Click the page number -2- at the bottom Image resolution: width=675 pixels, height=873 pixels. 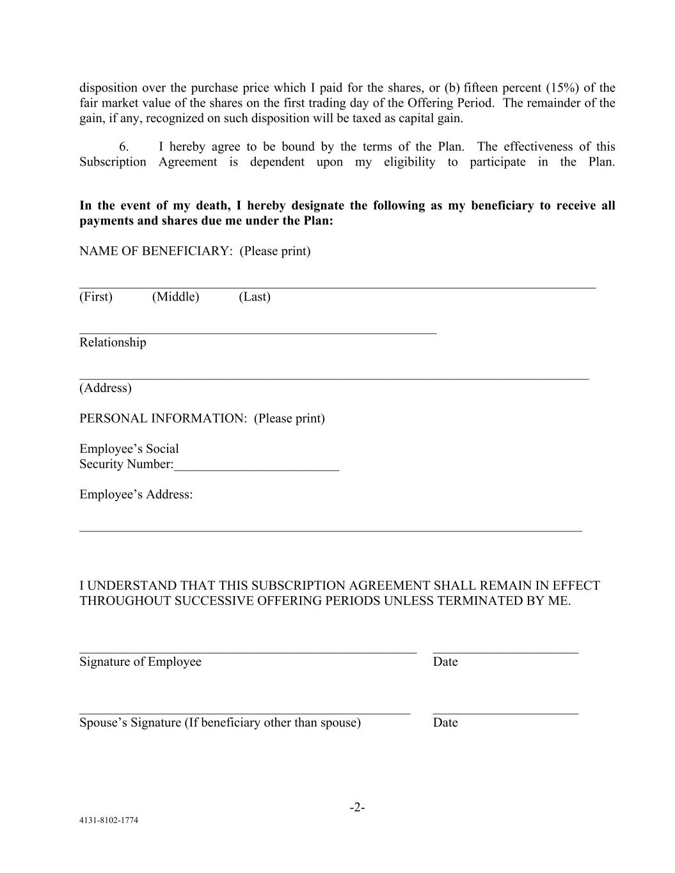tap(357, 807)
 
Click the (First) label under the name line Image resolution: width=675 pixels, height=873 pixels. tap(96, 297)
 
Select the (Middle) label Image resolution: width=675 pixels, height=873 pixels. tap(175, 297)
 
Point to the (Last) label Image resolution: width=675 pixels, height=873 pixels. tap(255, 297)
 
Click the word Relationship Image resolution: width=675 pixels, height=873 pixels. tap(113, 342)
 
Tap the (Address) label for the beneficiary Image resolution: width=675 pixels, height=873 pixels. tap(106, 388)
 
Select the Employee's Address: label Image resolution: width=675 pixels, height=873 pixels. tap(136, 494)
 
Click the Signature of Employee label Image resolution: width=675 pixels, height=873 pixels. tap(140, 662)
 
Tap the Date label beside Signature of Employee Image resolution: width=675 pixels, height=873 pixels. tap(445, 662)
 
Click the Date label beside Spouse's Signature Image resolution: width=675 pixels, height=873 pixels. tap(445, 723)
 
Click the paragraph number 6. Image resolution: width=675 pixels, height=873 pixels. tap(124, 146)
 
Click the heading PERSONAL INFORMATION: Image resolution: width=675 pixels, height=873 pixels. tap(163, 418)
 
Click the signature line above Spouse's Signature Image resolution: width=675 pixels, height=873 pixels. tap(244, 712)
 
